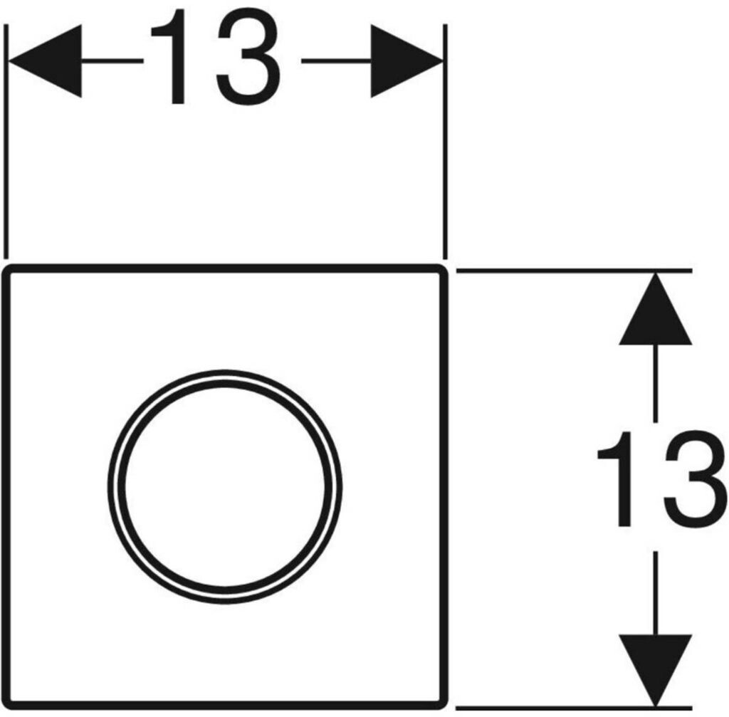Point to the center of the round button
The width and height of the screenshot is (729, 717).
225,486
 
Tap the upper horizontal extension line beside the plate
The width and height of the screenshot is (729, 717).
570,271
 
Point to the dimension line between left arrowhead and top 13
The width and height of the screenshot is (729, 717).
114,61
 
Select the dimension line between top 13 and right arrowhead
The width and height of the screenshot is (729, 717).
335,61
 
